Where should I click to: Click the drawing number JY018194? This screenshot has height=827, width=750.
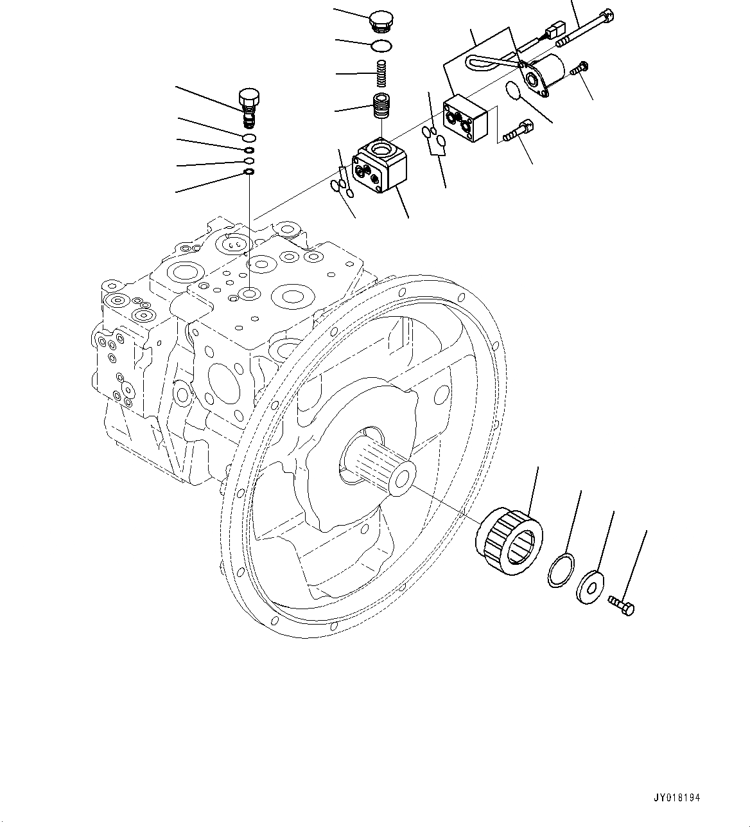676,797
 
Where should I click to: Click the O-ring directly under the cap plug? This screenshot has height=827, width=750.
382,45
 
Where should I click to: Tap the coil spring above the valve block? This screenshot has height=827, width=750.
382,74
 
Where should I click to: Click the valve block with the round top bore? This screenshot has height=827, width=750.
381,165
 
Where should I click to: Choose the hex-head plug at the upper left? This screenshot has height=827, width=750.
249,104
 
